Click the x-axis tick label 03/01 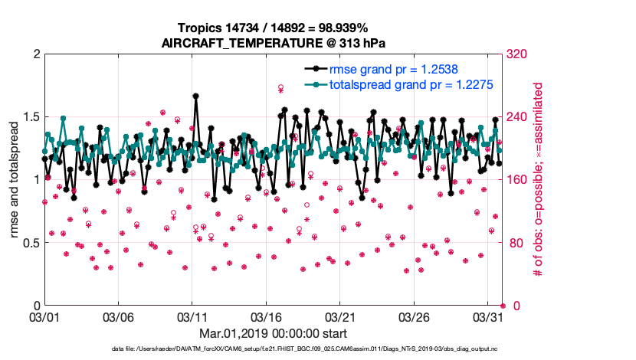click(x=44, y=316)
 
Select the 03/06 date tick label click(x=119, y=316)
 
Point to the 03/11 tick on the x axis click(x=193, y=316)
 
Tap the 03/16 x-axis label click(x=267, y=316)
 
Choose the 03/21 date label click(x=342, y=316)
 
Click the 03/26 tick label click(x=416, y=316)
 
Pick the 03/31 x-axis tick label click(x=490, y=316)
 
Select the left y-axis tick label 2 click(x=35, y=54)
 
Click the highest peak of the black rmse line click(x=196, y=97)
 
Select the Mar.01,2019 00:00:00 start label click(x=274, y=334)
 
